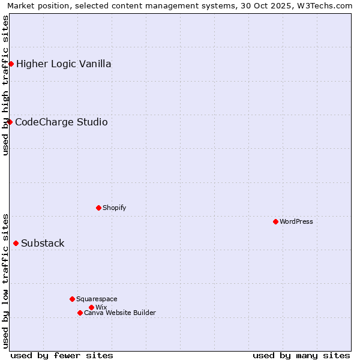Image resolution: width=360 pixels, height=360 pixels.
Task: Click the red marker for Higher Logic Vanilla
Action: [x=11, y=64]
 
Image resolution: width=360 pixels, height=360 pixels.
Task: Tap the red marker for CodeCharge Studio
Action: [x=10, y=122]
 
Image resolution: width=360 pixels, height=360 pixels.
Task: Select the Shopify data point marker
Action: [x=98, y=208]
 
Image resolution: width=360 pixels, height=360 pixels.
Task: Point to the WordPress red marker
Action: [x=275, y=221]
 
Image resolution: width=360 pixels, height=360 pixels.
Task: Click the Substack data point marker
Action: [x=16, y=243]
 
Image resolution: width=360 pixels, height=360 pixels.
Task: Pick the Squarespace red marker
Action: [x=72, y=299]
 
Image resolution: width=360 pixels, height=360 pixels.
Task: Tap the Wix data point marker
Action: [x=91, y=307]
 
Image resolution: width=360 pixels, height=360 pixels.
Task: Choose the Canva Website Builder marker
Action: [x=80, y=313]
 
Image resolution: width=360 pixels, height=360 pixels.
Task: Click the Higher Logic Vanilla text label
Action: [x=64, y=64]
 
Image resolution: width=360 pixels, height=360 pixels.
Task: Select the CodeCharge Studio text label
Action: [x=61, y=122]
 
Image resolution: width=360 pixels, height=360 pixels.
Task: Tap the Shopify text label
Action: [x=114, y=208]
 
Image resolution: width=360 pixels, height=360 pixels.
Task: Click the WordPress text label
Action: [x=296, y=221]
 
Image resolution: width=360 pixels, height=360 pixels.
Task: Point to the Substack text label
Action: [x=43, y=243]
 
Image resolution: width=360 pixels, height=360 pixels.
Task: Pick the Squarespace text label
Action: [x=97, y=299]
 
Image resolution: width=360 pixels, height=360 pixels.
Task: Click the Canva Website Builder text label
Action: [x=120, y=313]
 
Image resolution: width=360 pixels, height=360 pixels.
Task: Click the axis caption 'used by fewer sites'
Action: [x=62, y=355]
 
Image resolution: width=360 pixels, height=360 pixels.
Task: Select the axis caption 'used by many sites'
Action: [x=301, y=355]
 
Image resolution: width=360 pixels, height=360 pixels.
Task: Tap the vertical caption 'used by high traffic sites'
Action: [x=5, y=85]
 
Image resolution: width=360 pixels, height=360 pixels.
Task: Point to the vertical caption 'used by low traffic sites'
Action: [x=5, y=280]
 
